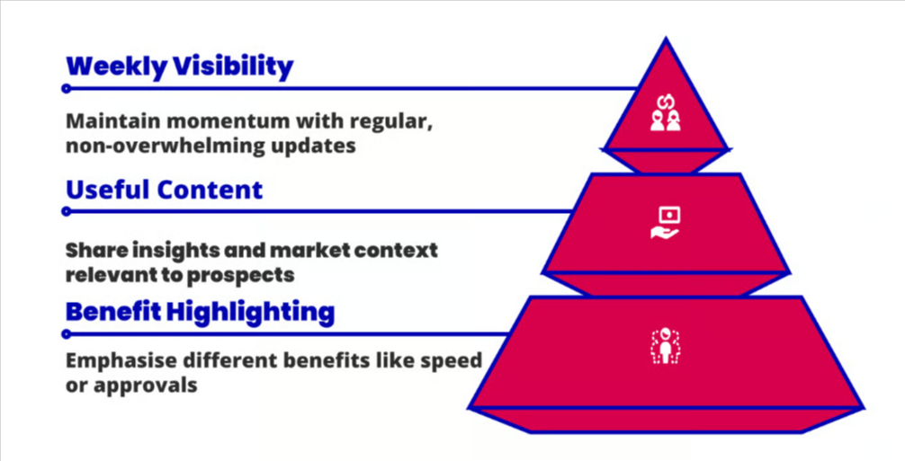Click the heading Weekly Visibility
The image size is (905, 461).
pyautogui.click(x=180, y=66)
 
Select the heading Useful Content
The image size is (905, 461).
pyautogui.click(x=164, y=190)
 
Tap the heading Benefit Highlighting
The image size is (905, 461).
pyautogui.click(x=200, y=312)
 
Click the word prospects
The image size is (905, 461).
pyautogui.click(x=251, y=272)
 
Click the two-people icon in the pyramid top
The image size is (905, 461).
pyautogui.click(x=665, y=116)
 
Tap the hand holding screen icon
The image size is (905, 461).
pyautogui.click(x=665, y=223)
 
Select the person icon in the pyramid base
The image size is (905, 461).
pyautogui.click(x=665, y=346)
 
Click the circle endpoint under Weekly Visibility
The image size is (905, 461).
pyautogui.click(x=66, y=89)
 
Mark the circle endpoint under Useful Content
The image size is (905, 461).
pyautogui.click(x=66, y=211)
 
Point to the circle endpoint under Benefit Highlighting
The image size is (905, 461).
pyautogui.click(x=66, y=334)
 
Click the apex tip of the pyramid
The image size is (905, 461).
pyautogui.click(x=666, y=40)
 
